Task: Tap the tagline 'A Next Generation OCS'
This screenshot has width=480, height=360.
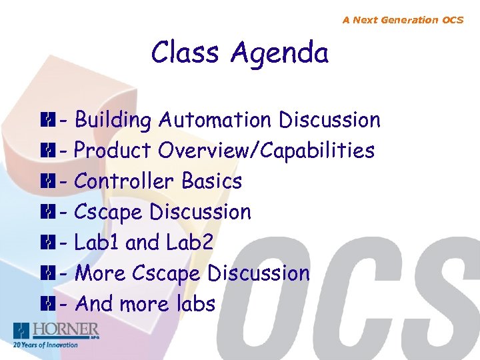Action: [x=403, y=20]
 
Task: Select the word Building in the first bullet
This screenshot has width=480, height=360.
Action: [x=113, y=121]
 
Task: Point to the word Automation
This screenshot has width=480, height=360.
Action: [x=215, y=120]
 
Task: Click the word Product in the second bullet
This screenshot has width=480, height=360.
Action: [x=113, y=151]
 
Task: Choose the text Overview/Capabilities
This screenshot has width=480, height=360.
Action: [x=266, y=151]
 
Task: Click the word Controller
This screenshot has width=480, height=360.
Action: [x=126, y=181]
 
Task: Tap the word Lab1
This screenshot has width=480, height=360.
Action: [x=97, y=242]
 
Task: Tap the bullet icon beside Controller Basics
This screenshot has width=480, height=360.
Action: [x=46, y=181]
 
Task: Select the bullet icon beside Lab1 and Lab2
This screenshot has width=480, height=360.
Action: [x=46, y=243]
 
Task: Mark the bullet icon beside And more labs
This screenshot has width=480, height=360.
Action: [x=46, y=304]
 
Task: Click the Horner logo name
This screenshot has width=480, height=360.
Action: [x=67, y=329]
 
